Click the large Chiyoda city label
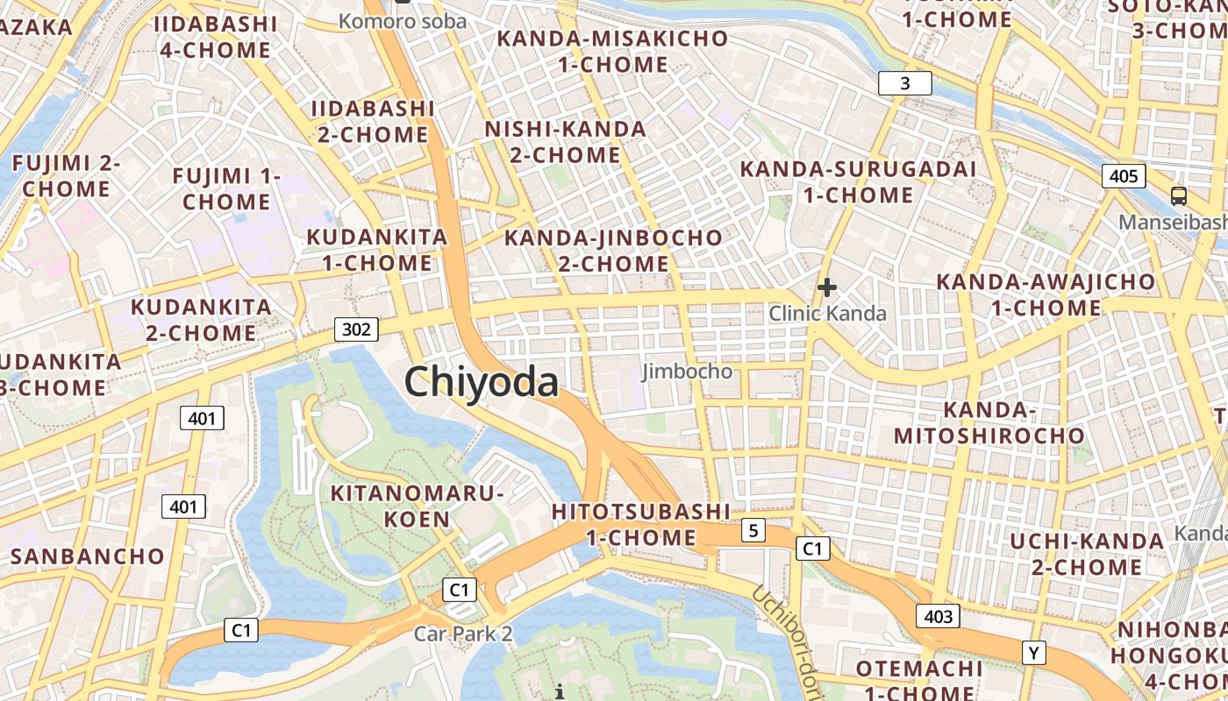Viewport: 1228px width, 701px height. point(481,383)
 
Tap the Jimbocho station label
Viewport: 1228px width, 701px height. point(687,372)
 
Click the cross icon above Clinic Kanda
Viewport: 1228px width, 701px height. point(826,287)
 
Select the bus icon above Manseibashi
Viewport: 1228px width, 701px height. point(1179,196)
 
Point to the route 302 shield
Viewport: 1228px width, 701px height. point(356,329)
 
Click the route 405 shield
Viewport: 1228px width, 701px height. point(1124,176)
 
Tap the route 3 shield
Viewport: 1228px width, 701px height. point(904,84)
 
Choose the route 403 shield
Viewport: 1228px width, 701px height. point(938,616)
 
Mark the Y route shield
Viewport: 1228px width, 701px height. point(1034,653)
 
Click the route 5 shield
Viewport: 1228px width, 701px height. point(753,529)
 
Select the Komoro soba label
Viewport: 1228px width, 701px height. point(403,21)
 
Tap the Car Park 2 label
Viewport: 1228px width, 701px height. point(463,633)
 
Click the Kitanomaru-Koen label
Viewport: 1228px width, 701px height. point(417,506)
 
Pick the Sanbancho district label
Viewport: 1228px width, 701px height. point(88,556)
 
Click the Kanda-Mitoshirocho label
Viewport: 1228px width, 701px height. point(989,422)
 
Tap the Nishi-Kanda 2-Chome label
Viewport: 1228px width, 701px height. point(566,142)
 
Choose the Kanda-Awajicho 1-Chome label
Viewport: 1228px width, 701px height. point(1046,294)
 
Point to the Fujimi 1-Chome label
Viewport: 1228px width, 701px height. point(226,188)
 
